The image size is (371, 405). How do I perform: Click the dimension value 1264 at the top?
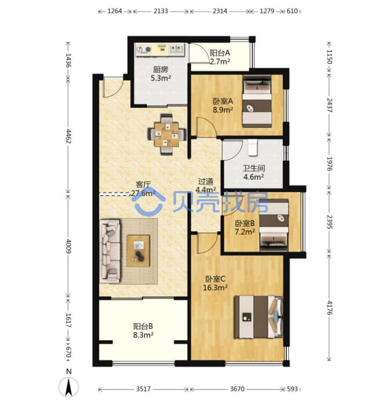click(115, 11)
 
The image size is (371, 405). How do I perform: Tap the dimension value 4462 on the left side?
click(69, 136)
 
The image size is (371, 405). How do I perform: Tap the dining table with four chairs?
click(166, 134)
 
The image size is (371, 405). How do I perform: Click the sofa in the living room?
click(110, 250)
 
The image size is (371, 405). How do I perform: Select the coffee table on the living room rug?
click(138, 250)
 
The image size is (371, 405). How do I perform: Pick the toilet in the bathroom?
click(253, 148)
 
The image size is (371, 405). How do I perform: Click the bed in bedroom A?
click(257, 101)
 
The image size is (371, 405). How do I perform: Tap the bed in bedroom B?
click(274, 225)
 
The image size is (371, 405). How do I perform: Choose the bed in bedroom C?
click(259, 317)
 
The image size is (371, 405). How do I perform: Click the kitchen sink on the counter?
click(177, 49)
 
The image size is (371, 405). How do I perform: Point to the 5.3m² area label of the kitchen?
click(161, 78)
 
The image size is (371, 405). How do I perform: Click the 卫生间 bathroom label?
click(254, 168)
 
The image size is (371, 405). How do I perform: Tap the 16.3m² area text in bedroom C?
click(215, 287)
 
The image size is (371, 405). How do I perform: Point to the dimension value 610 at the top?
click(292, 11)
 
